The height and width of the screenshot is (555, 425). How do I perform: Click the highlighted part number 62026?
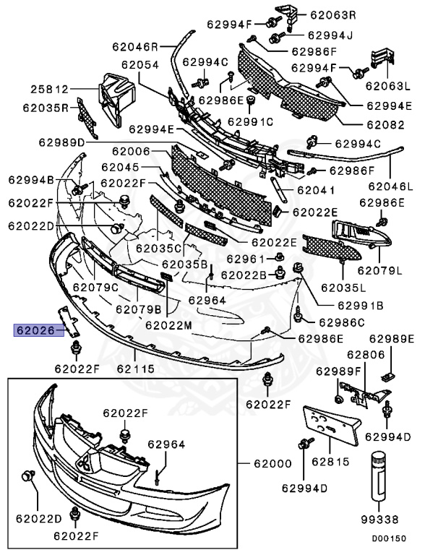point(39,330)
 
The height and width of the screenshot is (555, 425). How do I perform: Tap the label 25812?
point(49,89)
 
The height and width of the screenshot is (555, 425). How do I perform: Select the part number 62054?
point(140,65)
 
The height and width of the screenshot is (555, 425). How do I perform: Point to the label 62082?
point(385,124)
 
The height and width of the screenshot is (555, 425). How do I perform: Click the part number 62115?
point(136,369)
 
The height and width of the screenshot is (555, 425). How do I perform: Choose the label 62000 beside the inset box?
point(272,463)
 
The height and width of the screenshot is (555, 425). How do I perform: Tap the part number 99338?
point(380,520)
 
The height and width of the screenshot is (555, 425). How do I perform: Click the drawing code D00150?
point(389,538)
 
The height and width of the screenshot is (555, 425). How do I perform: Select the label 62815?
point(330,462)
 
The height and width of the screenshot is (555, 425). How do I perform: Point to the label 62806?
point(366,354)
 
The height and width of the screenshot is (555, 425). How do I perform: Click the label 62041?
point(316,191)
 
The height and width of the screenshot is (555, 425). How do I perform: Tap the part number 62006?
point(131,151)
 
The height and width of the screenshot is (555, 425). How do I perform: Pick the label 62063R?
point(333,15)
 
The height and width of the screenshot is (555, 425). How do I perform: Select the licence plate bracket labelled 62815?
point(331,424)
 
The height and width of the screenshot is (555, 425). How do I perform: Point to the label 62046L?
point(390,186)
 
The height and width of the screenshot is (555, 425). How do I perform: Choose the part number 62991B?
point(361,305)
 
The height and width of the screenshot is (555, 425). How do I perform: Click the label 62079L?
point(379,270)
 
